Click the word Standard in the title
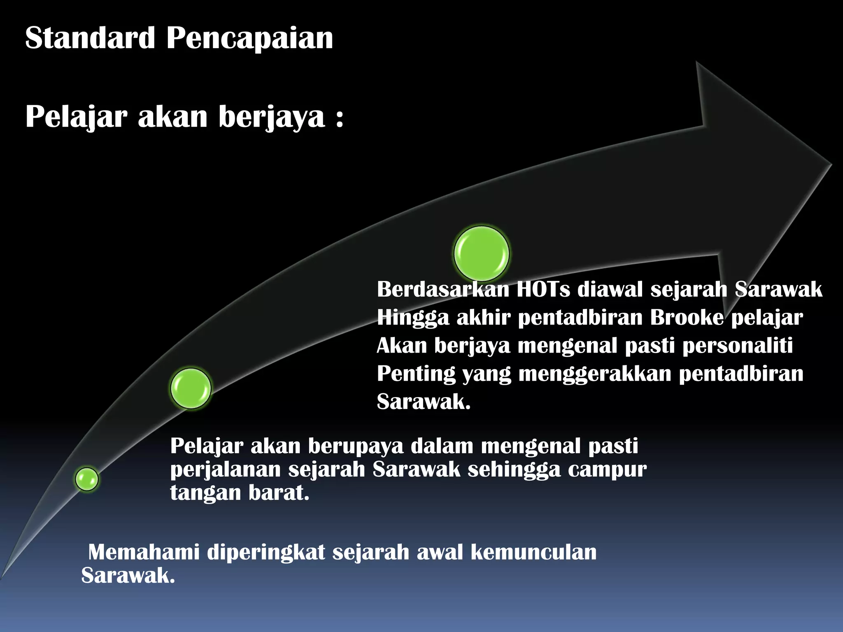(90, 38)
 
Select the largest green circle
(482, 253)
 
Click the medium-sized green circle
(191, 388)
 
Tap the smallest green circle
(87, 479)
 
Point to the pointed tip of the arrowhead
(831, 165)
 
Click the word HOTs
(543, 289)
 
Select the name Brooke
(687, 317)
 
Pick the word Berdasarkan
(443, 289)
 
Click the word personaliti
(738, 346)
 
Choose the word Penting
(416, 374)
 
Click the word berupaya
(356, 446)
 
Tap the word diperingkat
(266, 553)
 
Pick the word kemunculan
(533, 552)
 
